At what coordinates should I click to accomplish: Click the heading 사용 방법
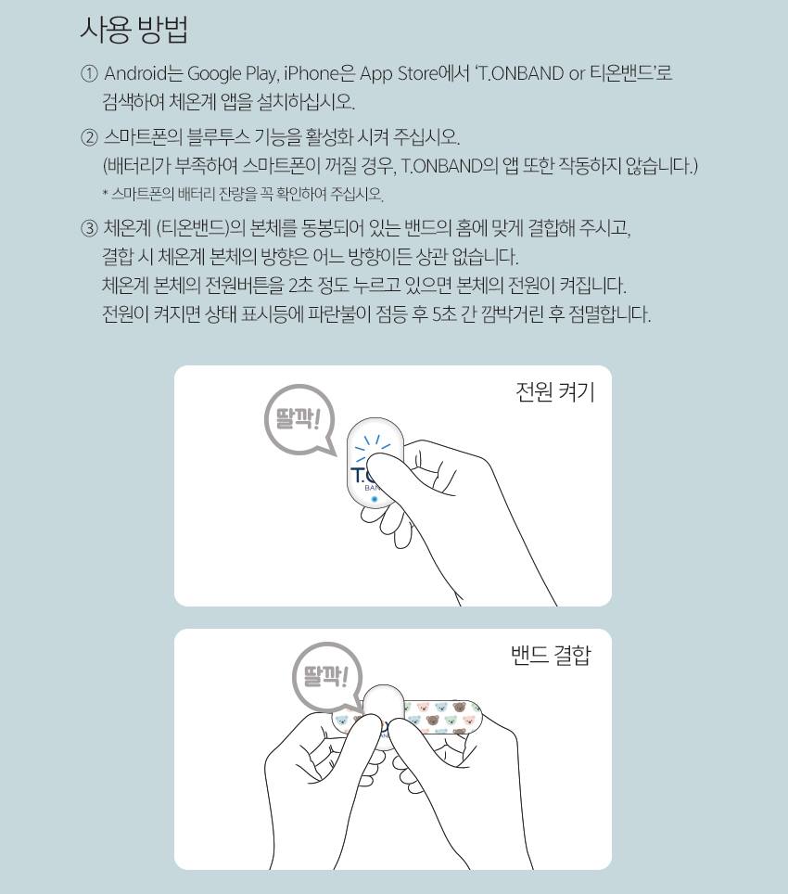tap(134, 30)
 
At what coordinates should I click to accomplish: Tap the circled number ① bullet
tap(89, 73)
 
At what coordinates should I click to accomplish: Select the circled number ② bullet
tap(89, 137)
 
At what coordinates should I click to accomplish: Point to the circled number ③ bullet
tap(89, 229)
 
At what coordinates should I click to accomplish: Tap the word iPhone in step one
tap(311, 73)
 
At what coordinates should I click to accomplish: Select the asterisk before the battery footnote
tap(106, 193)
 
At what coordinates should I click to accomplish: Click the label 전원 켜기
tap(555, 392)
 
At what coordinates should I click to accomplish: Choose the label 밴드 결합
tap(551, 655)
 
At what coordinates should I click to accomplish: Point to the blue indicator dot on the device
tap(375, 499)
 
